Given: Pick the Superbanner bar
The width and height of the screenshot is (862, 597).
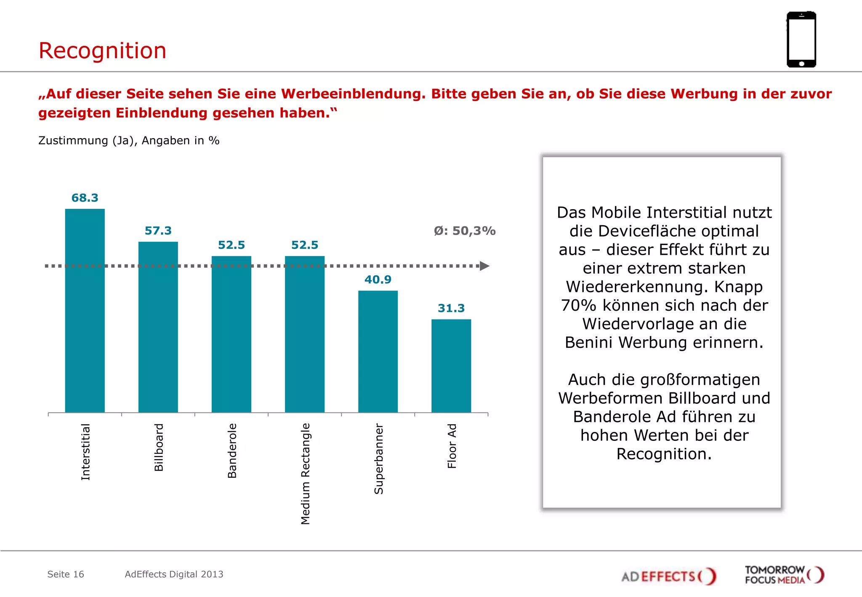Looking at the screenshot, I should tap(378, 351).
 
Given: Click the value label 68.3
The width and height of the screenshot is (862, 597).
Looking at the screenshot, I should tap(85, 198).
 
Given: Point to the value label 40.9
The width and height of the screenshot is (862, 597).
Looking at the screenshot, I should tap(378, 280).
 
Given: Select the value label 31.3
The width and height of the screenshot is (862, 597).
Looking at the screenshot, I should tap(451, 308).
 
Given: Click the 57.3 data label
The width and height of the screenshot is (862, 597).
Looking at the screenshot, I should tap(158, 231).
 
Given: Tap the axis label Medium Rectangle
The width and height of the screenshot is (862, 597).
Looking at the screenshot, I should tap(306, 474).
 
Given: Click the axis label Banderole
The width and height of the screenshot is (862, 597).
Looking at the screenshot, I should tap(232, 450).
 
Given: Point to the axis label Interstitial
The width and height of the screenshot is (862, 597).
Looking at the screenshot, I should tap(85, 451).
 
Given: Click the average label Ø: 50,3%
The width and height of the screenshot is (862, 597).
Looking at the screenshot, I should tap(464, 231).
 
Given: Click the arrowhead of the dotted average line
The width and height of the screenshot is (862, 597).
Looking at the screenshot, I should tap(484, 266).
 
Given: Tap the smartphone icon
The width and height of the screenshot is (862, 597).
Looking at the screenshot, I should tap(801, 40).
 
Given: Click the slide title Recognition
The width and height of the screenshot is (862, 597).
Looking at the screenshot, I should tap(102, 51).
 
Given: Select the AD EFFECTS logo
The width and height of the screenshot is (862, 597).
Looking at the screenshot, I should tap(668, 576).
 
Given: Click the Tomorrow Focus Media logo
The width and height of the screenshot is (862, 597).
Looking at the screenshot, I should tap(784, 575).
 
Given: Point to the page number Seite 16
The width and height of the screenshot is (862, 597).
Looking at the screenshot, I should tap(66, 574).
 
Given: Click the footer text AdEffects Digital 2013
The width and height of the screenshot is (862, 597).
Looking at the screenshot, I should tap(174, 574).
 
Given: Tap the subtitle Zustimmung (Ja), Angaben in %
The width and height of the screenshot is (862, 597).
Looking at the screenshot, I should tap(129, 141).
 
